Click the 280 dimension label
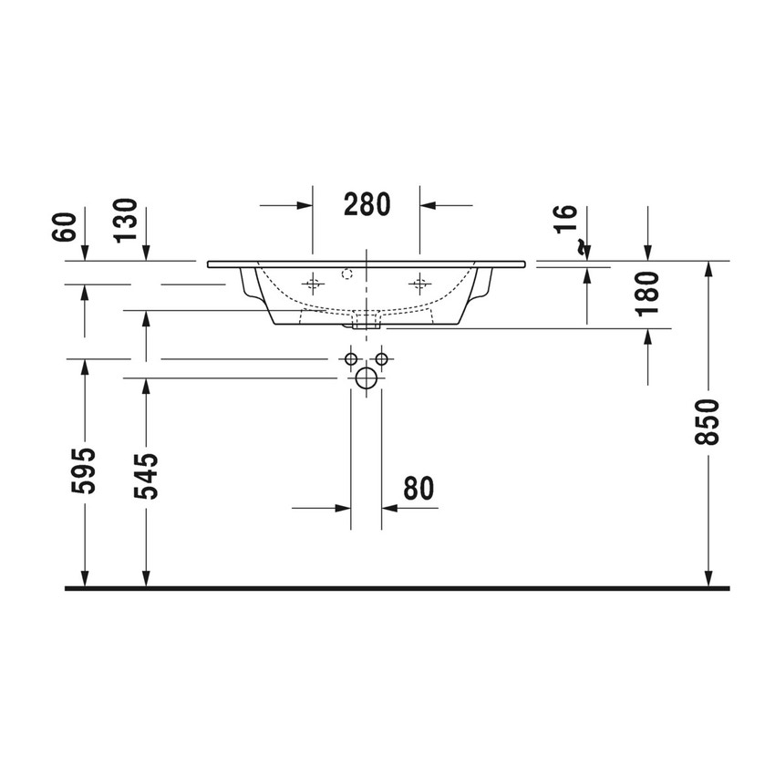[x=367, y=204]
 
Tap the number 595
[x=84, y=470]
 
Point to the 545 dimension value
[x=146, y=475]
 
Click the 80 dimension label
[x=418, y=489]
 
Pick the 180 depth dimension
[x=648, y=293]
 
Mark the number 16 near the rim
[x=565, y=219]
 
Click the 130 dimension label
[x=126, y=220]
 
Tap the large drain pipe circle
[x=367, y=378]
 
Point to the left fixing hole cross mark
[x=313, y=284]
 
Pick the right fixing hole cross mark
[x=419, y=284]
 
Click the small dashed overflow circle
[x=346, y=272]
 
